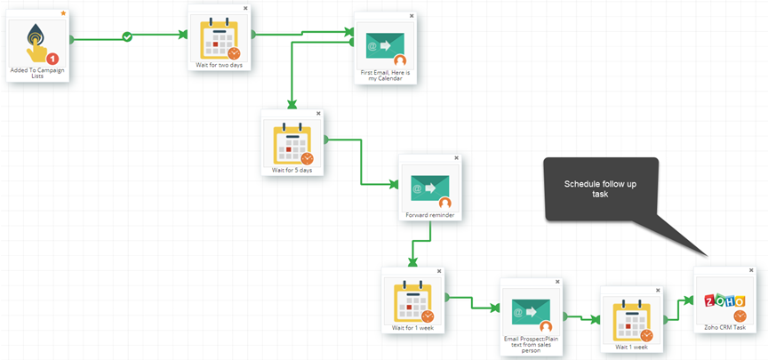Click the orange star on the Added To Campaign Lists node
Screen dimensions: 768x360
(63, 13)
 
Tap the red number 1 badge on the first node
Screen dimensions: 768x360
(52, 60)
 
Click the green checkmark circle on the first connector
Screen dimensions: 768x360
(127, 36)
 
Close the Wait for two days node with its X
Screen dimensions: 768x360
(245, 8)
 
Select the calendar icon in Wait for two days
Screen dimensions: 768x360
(220, 37)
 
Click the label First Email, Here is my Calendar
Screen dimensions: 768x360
(386, 76)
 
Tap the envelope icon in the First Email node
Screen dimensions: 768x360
(385, 46)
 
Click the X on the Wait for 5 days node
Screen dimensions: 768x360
(318, 113)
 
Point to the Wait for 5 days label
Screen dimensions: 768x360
(292, 171)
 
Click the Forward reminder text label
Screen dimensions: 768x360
(430, 214)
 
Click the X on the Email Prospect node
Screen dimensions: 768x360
(557, 282)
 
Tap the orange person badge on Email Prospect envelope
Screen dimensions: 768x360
(546, 327)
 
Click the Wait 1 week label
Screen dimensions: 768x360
(632, 347)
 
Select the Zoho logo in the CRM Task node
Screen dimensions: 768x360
(724, 300)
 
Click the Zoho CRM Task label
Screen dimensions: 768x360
(725, 328)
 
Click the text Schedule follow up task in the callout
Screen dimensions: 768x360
(600, 189)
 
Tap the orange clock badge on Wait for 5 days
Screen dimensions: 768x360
(307, 159)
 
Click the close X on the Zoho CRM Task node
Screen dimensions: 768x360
(751, 270)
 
